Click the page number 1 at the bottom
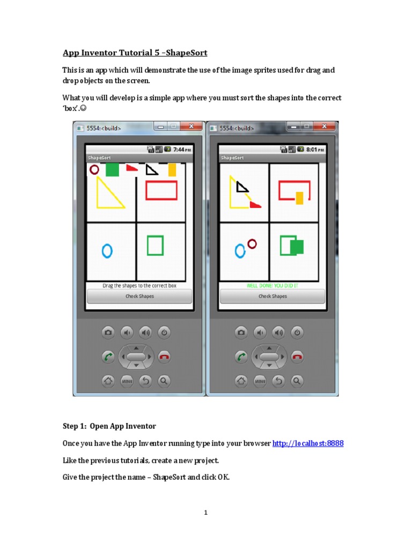pos(205,513)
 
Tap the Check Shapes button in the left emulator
pos(139,296)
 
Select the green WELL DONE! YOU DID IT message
pos(273,286)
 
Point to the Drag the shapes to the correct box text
pos(139,286)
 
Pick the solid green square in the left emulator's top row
pos(112,170)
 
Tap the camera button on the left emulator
pos(108,333)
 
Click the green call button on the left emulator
pos(108,357)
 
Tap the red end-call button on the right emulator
pos(297,357)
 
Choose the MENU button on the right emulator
pos(260,381)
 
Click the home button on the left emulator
pos(108,381)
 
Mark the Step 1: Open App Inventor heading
pos(109,426)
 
